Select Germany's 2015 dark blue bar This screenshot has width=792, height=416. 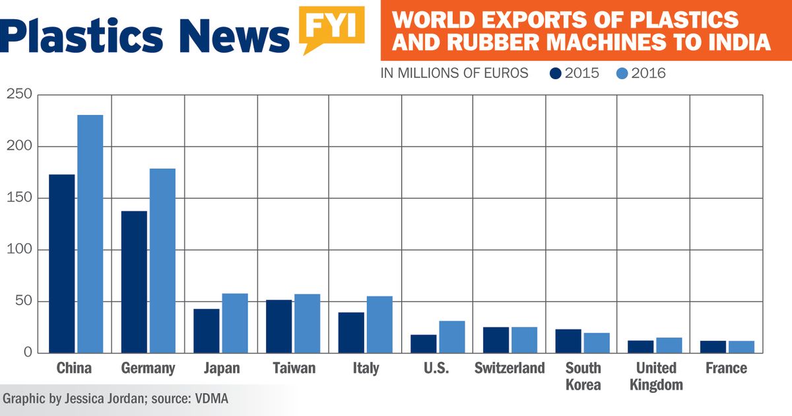(x=134, y=281)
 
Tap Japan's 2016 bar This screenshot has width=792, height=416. (x=235, y=323)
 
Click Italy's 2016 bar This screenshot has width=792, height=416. (x=379, y=324)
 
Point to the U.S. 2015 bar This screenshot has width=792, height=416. (x=424, y=343)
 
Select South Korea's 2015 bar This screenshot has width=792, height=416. (x=568, y=341)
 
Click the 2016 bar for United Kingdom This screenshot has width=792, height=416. (x=669, y=345)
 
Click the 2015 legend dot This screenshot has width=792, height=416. (x=556, y=73)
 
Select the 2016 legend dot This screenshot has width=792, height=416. (x=622, y=73)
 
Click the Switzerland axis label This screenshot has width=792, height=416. (x=510, y=368)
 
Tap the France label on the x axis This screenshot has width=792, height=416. (x=726, y=368)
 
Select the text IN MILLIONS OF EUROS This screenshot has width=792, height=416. (x=454, y=73)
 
